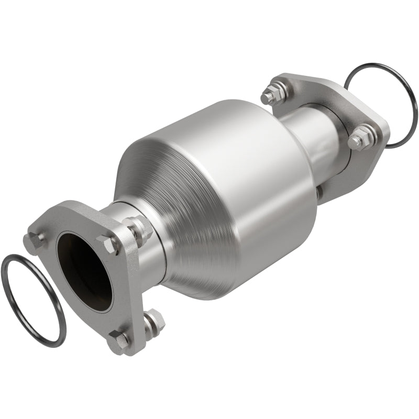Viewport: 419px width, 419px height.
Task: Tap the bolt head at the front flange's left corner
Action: click(35, 240)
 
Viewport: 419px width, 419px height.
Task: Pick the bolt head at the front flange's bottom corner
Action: click(118, 341)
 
